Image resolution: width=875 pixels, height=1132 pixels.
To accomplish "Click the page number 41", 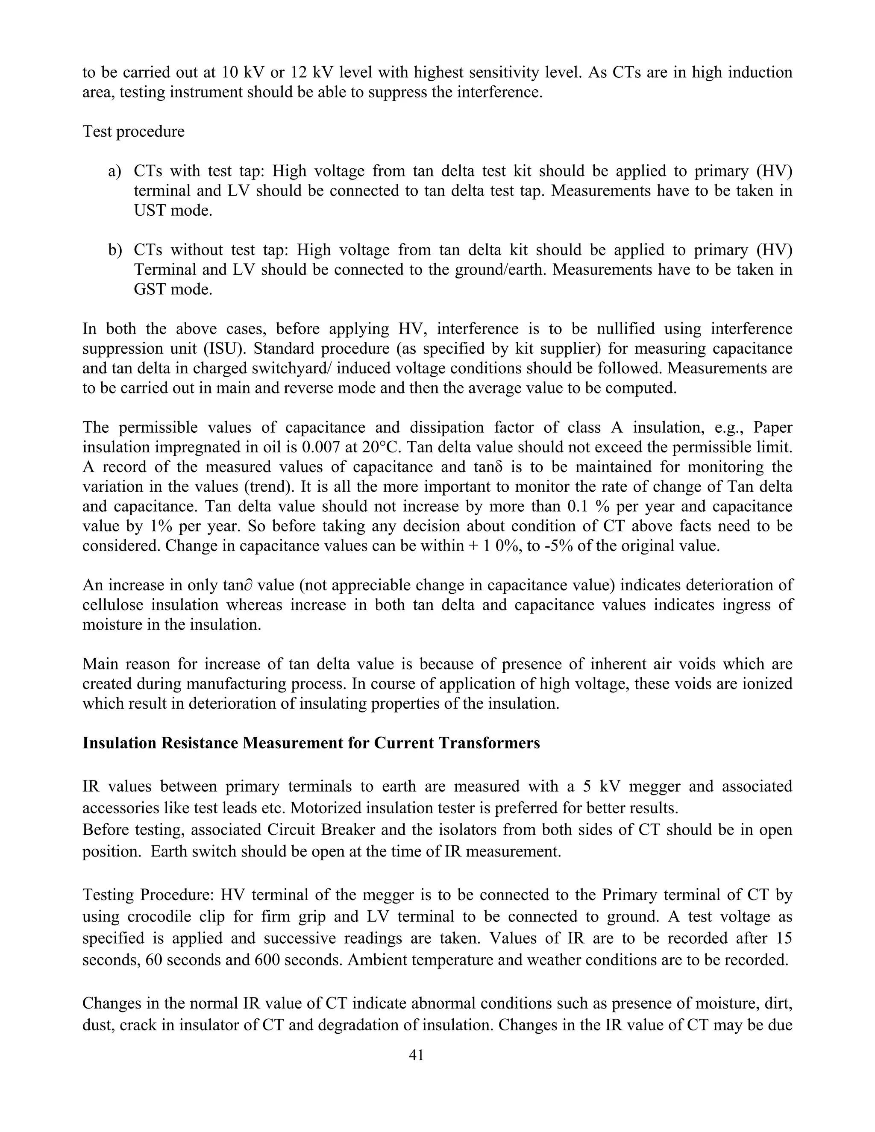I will point(416,1054).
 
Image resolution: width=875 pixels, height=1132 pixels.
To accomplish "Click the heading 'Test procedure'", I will point(133,131).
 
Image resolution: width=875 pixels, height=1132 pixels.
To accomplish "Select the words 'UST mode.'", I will point(173,211).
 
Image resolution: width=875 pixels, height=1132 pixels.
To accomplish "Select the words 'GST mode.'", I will point(173,289).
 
